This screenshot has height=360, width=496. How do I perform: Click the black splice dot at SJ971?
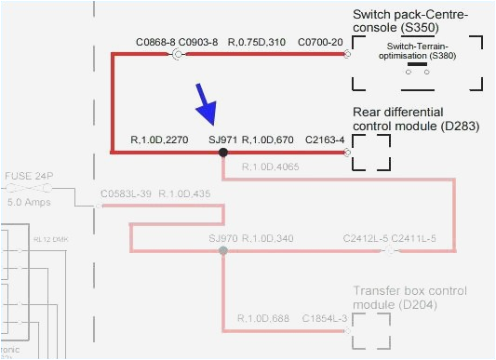(x=223, y=152)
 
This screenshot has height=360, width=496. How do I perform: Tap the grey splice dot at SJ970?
(x=223, y=251)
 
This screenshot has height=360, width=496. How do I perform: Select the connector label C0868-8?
(x=155, y=42)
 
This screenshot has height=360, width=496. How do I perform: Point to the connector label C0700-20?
(x=319, y=42)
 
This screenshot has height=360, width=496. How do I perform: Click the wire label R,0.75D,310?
(x=258, y=42)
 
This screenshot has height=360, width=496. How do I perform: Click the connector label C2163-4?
(x=325, y=140)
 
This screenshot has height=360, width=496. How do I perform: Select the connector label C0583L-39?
(x=126, y=193)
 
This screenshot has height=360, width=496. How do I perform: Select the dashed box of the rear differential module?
(x=370, y=152)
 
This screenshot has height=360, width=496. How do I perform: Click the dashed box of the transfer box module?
(x=370, y=330)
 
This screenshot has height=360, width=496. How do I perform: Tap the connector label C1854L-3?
(x=325, y=319)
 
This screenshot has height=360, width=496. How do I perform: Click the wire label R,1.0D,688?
(x=263, y=319)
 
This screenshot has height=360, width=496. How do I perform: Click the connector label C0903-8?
(x=197, y=42)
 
